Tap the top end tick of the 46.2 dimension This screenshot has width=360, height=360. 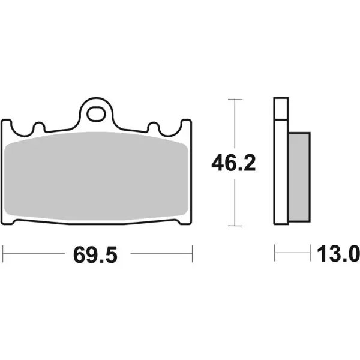coord(235,98)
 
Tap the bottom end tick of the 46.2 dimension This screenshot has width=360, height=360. coord(235,226)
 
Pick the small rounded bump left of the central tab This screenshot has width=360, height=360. coord(40,127)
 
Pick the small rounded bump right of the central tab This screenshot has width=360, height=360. coord(154,127)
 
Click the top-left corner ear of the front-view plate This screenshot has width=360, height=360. coord(7,124)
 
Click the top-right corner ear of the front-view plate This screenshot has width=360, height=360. coord(187,124)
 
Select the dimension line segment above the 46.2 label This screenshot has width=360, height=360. coord(235,123)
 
